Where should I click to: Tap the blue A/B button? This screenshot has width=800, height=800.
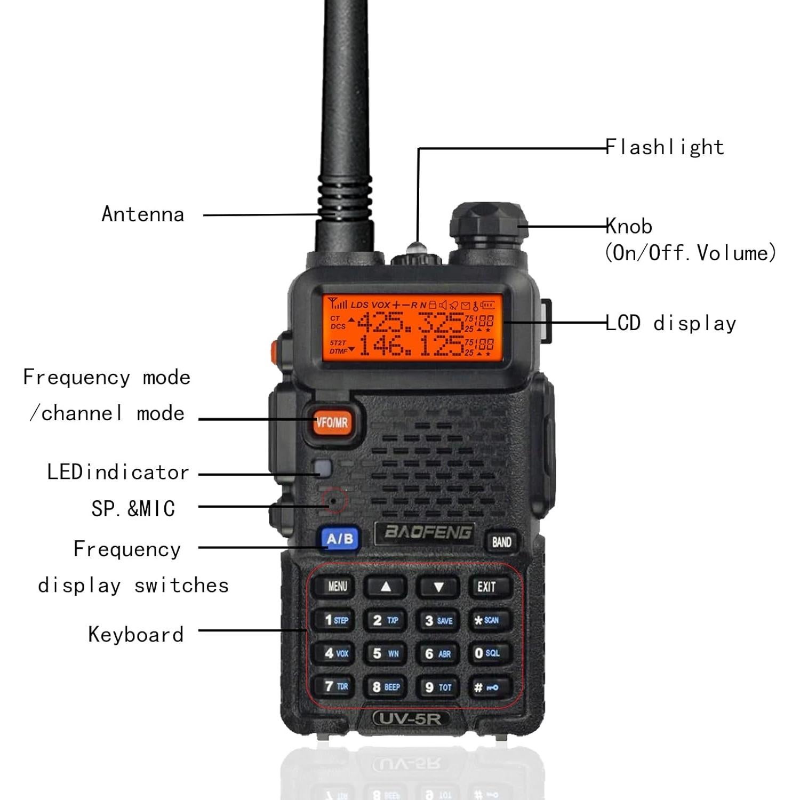click(x=340, y=539)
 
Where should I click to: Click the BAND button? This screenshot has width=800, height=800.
click(x=501, y=542)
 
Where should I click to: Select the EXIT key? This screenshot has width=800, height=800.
click(x=486, y=587)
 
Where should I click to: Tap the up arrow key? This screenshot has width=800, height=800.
click(x=386, y=587)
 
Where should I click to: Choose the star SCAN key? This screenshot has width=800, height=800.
click(x=486, y=620)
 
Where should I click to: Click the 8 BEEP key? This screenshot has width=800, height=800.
click(x=386, y=687)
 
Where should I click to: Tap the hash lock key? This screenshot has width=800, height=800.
click(x=486, y=687)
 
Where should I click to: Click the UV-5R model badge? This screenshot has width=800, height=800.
click(x=410, y=718)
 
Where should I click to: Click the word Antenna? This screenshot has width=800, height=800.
click(x=143, y=214)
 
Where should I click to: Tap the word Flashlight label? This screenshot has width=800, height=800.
click(x=665, y=147)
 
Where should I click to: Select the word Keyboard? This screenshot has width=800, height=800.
click(x=136, y=635)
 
